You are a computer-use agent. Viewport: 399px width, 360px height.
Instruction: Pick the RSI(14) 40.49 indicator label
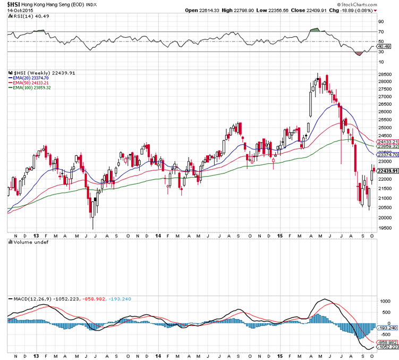pyautogui.click(x=28, y=16)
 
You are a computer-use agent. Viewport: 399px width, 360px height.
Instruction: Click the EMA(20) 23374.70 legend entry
pyautogui.click(x=31, y=78)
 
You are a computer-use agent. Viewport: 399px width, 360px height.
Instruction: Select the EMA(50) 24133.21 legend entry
pyautogui.click(x=31, y=83)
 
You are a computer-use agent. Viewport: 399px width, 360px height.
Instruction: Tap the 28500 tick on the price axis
pyautogui.click(x=385, y=74)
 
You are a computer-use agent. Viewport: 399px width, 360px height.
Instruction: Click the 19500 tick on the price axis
pyautogui.click(x=385, y=228)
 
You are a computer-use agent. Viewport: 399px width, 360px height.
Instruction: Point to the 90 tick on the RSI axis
pyautogui.click(x=381, y=22)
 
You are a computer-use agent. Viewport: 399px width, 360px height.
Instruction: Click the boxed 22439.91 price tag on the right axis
pyautogui.click(x=387, y=171)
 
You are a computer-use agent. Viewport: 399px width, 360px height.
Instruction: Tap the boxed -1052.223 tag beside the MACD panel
pyautogui.click(x=387, y=347)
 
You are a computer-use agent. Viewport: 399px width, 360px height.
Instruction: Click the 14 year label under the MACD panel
pyautogui.click(x=159, y=355)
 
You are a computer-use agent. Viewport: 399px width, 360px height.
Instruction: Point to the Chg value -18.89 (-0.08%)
pyautogui.click(x=356, y=11)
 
